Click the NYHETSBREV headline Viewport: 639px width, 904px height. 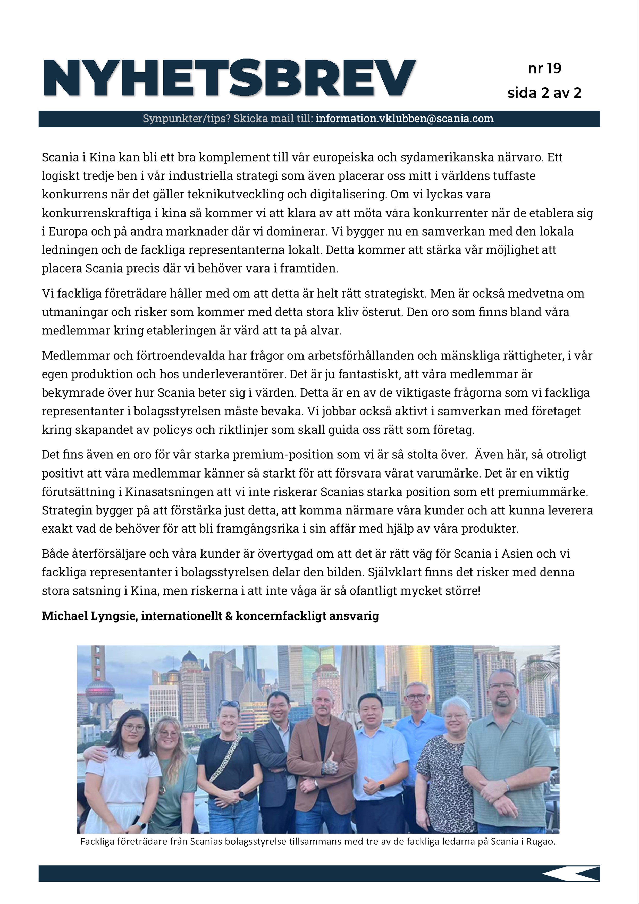(229, 78)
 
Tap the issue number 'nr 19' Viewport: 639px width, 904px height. (544, 69)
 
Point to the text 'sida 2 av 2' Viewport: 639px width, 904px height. (544, 93)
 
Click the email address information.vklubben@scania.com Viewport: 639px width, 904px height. (404, 119)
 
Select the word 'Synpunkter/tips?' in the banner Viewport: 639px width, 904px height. (187, 119)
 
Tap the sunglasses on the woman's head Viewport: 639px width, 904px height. (229, 704)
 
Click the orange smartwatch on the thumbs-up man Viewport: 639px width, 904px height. (381, 786)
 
